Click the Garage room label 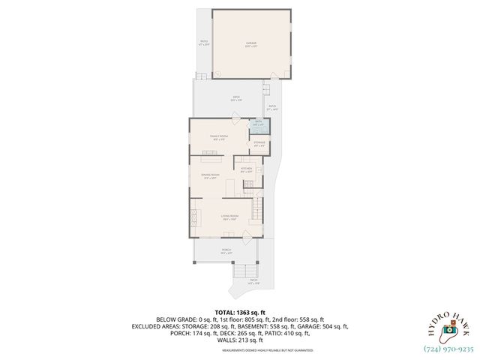tap(251, 44)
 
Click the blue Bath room tap(258, 124)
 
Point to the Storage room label tap(259, 143)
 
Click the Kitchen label tap(246, 171)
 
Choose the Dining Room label tap(210, 176)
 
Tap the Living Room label tap(229, 217)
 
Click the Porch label tap(226, 251)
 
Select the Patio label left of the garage tap(203, 43)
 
